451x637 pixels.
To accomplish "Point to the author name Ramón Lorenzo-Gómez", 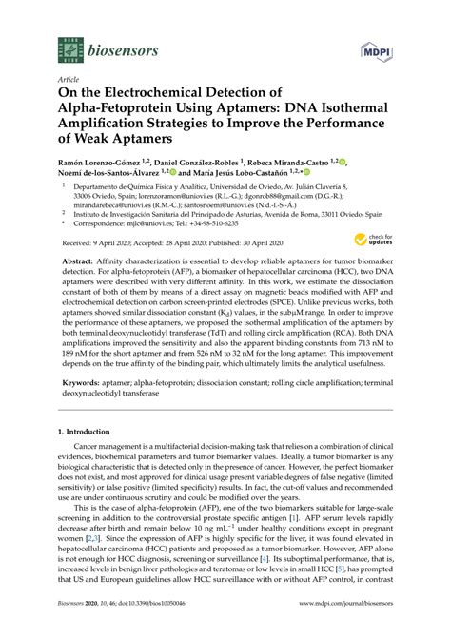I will coord(100,164).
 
